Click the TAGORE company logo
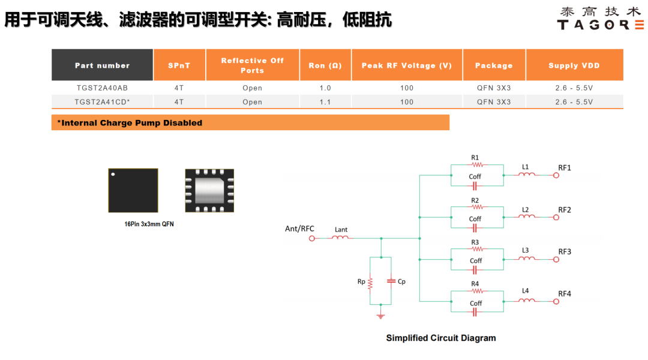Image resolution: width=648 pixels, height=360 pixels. pos(600,19)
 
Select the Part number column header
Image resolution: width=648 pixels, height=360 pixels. pos(102,65)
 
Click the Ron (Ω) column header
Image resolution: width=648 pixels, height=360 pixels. pos(325,65)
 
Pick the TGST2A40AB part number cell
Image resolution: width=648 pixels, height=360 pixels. pos(102,88)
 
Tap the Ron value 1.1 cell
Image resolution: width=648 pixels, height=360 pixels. pos(325,102)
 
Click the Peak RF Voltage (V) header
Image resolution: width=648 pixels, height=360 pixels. pos(407,65)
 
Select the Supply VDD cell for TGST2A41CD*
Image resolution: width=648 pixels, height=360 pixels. pos(574,102)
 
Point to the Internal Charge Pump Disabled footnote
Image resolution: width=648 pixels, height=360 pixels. pos(130,123)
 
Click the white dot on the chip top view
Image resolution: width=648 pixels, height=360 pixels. pos(113,175)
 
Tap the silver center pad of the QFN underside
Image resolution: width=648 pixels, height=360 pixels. pos(209,191)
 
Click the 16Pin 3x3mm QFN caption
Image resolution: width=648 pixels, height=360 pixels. pos(149,224)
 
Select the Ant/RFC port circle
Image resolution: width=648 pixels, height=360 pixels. pos(312,238)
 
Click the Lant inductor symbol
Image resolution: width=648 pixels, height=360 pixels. pos(340,237)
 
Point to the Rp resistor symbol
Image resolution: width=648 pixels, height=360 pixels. pos(370,283)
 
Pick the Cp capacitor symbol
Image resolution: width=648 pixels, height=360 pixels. pos(391,281)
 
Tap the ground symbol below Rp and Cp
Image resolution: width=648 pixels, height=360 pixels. pos(380,316)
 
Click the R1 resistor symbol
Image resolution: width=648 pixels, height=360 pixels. pos(478,164)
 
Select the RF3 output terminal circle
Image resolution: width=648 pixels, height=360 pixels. pos(556,260)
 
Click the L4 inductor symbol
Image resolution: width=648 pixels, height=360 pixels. pos(527,300)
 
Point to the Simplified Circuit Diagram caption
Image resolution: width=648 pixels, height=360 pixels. pos(441,338)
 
